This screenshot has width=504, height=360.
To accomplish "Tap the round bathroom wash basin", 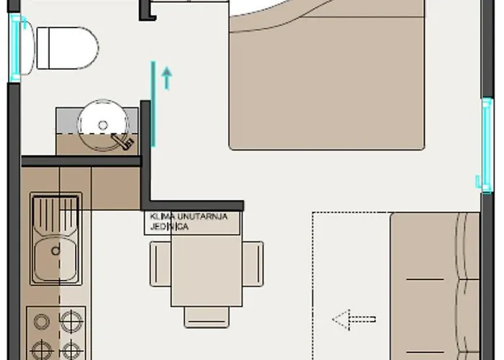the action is (103, 125).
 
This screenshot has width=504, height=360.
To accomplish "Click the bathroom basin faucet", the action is (122, 142).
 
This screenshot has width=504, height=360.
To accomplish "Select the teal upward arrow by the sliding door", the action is (166, 78).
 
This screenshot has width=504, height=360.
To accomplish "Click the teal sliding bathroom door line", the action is (153, 104).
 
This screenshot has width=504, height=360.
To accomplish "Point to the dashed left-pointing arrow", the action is (354, 320).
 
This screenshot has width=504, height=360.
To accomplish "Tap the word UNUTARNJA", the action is (202, 216).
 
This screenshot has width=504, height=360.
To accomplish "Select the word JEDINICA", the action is (169, 227).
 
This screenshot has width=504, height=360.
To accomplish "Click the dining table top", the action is (207, 270).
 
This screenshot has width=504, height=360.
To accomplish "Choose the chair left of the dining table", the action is (161, 264).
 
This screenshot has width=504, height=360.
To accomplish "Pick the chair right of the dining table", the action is (253, 264).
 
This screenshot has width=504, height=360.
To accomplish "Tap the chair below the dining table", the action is (207, 317).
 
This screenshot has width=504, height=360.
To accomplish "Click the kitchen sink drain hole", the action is (55, 251).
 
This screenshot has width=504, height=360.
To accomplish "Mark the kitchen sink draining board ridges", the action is (55, 215).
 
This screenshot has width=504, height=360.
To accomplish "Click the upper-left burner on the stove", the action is (42, 321).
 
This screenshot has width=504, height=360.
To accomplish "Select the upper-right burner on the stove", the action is (71, 321).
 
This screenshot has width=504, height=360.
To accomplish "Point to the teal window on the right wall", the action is (487, 145).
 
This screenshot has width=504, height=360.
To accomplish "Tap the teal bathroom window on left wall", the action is (15, 48).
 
